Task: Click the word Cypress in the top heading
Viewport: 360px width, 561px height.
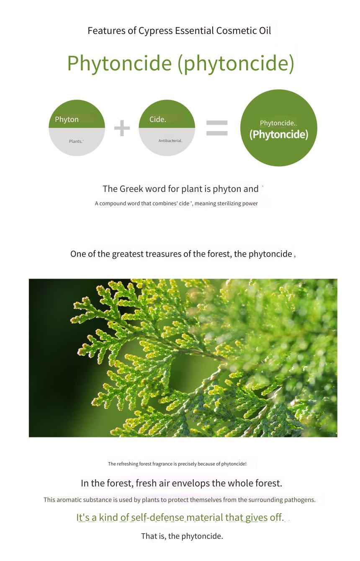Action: tap(155, 31)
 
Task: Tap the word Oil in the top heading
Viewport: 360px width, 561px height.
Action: tap(265, 31)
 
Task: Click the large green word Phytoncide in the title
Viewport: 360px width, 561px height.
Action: tap(119, 63)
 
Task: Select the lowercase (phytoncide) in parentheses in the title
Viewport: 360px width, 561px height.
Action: tap(236, 64)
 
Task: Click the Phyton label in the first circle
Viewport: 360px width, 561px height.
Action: tap(67, 119)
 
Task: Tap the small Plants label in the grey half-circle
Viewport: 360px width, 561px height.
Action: tap(76, 141)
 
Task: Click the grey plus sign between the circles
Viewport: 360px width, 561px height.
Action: tap(122, 128)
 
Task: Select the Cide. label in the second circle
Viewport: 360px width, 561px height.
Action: tap(158, 119)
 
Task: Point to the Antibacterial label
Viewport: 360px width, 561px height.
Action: tap(170, 141)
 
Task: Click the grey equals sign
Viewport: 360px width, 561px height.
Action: tap(217, 128)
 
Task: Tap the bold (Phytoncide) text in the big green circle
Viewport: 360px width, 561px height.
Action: tap(279, 134)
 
